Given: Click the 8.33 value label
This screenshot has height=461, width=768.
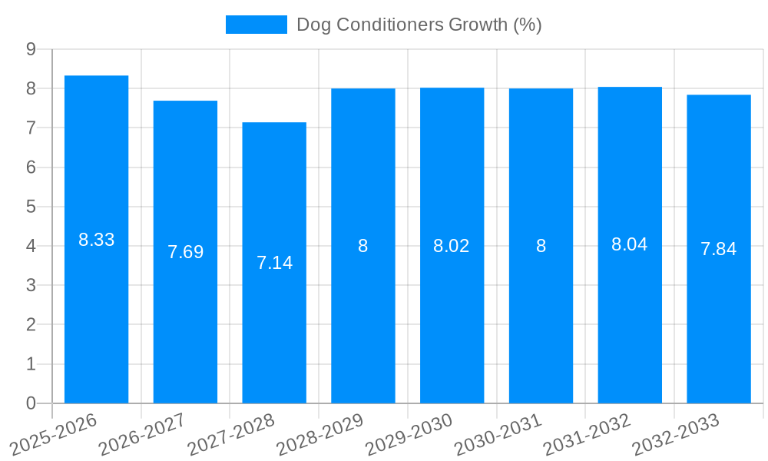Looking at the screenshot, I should (97, 240).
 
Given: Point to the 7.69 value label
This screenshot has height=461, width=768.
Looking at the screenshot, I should (186, 252).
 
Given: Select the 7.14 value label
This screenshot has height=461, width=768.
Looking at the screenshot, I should (274, 263).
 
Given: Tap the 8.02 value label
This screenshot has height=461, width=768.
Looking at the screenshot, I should (452, 246).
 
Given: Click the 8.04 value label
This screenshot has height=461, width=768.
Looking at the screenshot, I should (630, 244).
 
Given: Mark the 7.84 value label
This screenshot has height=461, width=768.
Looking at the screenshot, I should (719, 249).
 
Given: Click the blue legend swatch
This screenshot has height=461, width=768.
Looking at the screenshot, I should (256, 25).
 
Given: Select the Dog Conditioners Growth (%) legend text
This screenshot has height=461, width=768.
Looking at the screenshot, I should (419, 25).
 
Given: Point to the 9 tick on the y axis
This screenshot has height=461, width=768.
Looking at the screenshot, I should (31, 49).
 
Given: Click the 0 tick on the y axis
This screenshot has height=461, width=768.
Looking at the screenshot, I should (31, 403).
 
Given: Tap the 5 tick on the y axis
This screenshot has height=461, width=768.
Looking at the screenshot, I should (31, 207).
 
